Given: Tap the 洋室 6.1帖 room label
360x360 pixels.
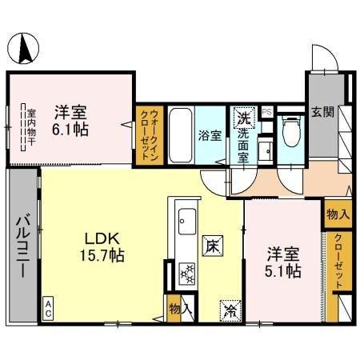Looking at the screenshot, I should click(x=71, y=120).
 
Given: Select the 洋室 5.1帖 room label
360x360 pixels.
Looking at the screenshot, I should click(x=284, y=264).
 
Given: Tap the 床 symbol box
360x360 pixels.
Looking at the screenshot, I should click(x=212, y=243).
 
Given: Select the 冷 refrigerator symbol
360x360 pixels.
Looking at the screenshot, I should click(x=229, y=307).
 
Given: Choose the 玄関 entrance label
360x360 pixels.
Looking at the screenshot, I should click(x=322, y=111).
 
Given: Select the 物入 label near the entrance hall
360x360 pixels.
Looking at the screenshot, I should click(x=337, y=214).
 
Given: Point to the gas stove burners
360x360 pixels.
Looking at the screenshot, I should click(x=186, y=274).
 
